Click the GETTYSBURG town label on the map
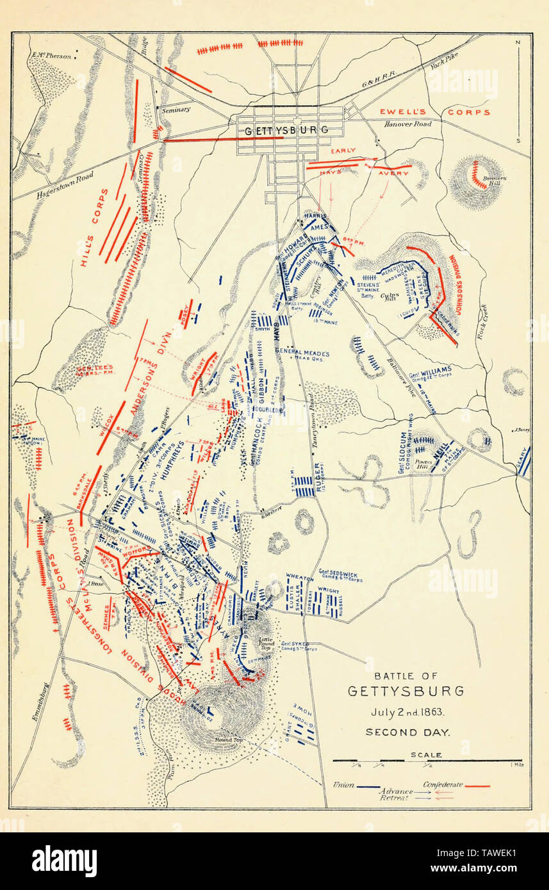(x=287, y=129)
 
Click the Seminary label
(x=176, y=109)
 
